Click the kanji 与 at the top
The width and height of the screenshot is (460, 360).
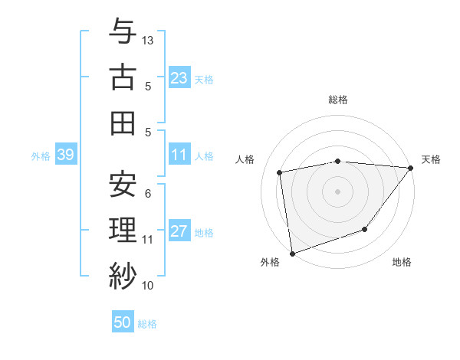(x=123, y=32)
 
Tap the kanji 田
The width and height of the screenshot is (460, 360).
(x=123, y=123)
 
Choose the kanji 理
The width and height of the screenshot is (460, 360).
(x=123, y=229)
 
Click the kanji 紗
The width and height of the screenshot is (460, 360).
(x=123, y=274)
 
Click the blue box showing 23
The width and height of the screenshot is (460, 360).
(x=179, y=77)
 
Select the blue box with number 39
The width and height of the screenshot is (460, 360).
(x=65, y=155)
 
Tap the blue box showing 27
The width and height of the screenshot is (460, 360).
(x=179, y=232)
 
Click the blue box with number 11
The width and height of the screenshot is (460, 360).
(x=179, y=155)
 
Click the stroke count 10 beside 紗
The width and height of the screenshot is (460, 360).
(x=148, y=286)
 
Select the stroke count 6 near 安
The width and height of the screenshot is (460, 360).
(x=148, y=194)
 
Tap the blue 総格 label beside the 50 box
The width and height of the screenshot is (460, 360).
(x=147, y=324)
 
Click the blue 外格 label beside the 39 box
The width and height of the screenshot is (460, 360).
(x=41, y=156)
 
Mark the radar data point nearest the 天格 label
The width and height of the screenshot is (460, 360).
(x=411, y=169)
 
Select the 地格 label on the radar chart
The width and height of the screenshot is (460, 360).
(x=402, y=263)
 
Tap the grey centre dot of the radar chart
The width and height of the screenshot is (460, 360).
(x=337, y=191)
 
